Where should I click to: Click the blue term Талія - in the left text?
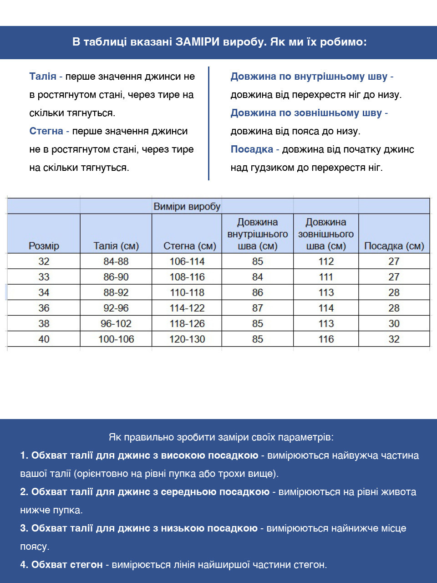click(x=46, y=77)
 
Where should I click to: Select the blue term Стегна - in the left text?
click(x=49, y=131)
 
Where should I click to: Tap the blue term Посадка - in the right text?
click(x=254, y=149)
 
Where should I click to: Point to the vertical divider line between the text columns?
click(x=208, y=123)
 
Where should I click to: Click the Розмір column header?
click(x=44, y=246)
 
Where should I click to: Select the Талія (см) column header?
click(x=116, y=246)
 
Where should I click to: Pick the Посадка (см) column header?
click(x=394, y=246)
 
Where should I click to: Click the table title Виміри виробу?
click(x=187, y=206)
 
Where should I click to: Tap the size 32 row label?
click(x=44, y=261)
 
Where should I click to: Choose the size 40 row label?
click(x=44, y=339)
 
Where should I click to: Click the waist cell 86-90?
click(x=116, y=277)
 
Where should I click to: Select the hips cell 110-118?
click(x=187, y=292)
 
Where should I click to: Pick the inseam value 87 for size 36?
click(x=258, y=308)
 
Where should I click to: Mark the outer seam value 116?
click(x=326, y=339)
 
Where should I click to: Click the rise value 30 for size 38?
click(x=394, y=323)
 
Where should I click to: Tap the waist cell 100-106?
click(x=116, y=339)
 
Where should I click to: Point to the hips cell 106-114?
click(x=187, y=261)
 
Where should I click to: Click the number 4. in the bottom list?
click(x=24, y=565)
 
